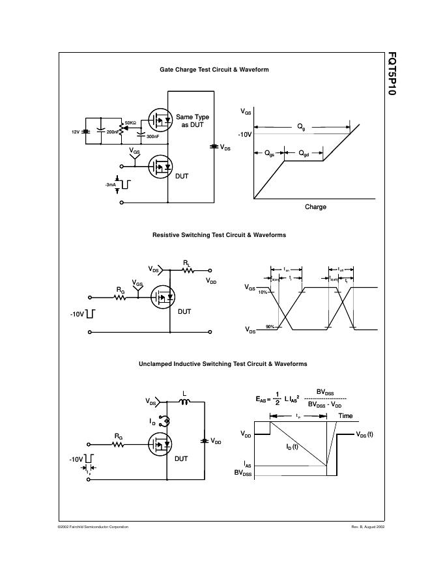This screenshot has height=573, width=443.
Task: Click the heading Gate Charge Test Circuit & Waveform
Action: pos(214,70)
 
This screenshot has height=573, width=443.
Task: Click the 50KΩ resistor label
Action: pos(130,122)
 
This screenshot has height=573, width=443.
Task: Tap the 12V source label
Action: pos(76,132)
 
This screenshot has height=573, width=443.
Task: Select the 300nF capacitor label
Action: pos(152,137)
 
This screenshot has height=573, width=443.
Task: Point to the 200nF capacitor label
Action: pos(113,132)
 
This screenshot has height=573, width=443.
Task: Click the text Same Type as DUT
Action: pos(193,120)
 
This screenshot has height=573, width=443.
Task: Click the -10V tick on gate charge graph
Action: pos(245,134)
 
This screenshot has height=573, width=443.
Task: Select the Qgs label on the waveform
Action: pos(269,154)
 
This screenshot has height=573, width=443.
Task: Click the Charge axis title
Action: pos(315,207)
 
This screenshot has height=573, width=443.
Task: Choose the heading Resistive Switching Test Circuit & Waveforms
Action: pos(219,234)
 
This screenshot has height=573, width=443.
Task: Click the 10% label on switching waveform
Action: pos(262,292)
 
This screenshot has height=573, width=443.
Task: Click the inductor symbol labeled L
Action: pos(184,402)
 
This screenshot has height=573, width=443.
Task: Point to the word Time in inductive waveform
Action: pos(345,415)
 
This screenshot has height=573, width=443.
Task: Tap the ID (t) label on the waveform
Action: pos(291,447)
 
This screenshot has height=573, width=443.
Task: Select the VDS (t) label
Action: pos(365,434)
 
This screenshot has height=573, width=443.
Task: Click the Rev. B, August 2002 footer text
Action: pos(368,526)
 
